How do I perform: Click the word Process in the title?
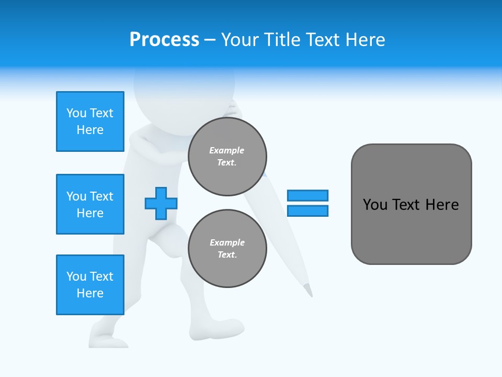(164, 40)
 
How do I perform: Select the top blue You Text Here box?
(90, 121)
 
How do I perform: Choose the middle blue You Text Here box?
(90, 204)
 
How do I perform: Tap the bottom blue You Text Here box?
(90, 285)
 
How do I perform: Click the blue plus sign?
(161, 203)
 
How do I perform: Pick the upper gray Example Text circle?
(227, 157)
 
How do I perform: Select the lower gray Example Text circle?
(227, 249)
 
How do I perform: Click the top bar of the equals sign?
(307, 195)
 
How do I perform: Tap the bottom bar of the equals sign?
(307, 210)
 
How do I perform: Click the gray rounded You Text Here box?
(411, 204)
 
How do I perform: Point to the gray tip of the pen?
(309, 290)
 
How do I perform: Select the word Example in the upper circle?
(227, 150)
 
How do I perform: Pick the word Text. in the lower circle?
(227, 255)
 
